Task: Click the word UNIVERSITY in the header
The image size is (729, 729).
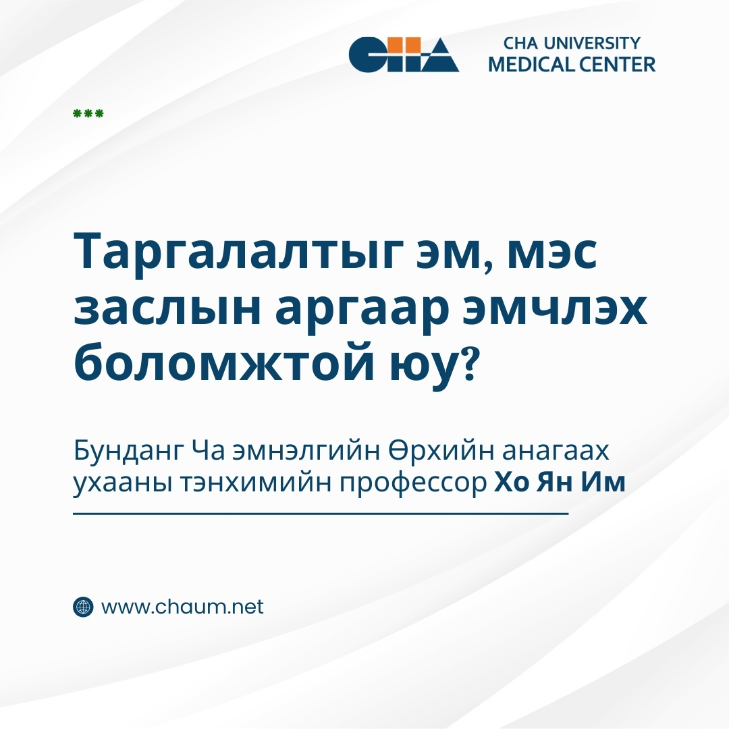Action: tap(592, 43)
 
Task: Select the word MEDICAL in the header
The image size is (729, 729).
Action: tap(532, 64)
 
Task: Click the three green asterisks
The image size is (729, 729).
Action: tap(88, 113)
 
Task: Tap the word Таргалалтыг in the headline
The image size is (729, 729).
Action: tap(237, 253)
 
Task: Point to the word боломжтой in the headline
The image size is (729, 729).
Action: tap(223, 362)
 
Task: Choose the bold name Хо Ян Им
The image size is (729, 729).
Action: tap(560, 482)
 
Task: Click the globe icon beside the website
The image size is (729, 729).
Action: tap(83, 607)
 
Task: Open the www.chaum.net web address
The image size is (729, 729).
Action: tap(182, 607)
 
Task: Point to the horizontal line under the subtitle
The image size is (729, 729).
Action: tap(321, 514)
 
